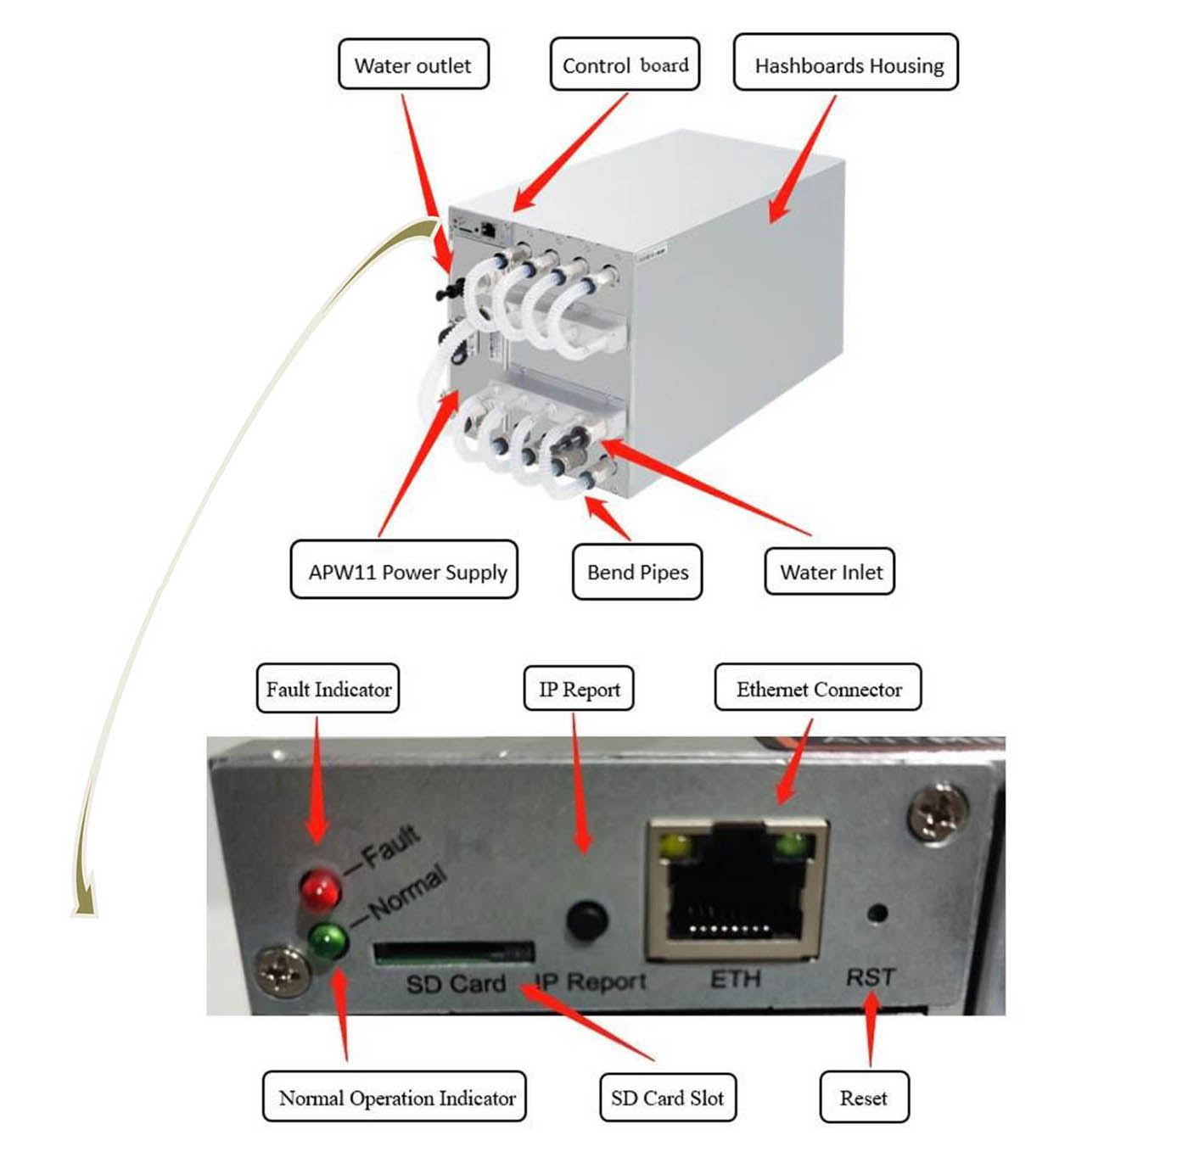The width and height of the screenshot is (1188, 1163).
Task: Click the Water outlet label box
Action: click(413, 64)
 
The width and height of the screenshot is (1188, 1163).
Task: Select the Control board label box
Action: click(625, 64)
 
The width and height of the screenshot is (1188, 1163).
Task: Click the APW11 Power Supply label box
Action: click(404, 570)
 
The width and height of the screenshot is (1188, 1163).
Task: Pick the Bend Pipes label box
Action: click(637, 572)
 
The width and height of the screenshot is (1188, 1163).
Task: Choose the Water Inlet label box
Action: click(830, 572)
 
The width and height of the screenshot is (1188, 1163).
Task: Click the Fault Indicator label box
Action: click(328, 689)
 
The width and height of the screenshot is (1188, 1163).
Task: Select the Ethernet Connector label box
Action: click(818, 688)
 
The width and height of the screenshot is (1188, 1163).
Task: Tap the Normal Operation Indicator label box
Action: click(395, 1097)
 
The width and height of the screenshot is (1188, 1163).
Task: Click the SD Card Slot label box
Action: click(668, 1098)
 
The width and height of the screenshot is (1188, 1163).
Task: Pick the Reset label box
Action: click(864, 1098)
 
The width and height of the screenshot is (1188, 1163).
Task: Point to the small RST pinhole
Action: click(877, 914)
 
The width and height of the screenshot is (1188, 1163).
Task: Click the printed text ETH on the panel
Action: click(735, 979)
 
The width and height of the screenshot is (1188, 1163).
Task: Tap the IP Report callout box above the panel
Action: click(580, 689)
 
